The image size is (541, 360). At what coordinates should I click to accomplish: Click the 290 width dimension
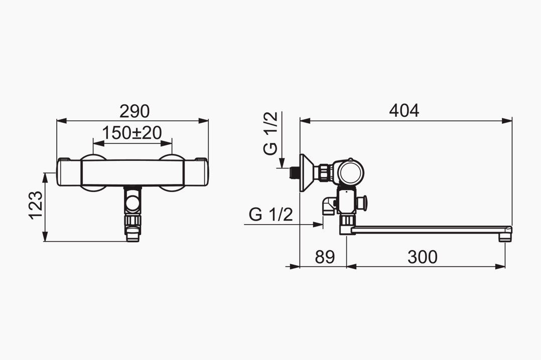(134, 111)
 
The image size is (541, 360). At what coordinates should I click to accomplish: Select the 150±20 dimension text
(132, 133)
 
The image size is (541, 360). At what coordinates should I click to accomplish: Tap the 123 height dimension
(36, 206)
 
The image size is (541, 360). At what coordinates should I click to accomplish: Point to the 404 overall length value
(404, 111)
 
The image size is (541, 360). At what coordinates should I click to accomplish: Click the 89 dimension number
(325, 257)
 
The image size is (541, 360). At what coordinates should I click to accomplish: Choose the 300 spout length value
(423, 257)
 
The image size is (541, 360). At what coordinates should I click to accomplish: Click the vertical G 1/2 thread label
(270, 133)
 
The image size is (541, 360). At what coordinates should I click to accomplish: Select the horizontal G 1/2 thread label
(271, 215)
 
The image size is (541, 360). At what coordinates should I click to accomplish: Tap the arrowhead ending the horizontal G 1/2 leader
(317, 224)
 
